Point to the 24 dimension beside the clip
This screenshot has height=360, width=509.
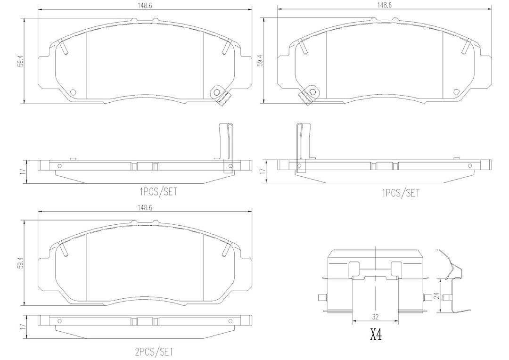click(x=436, y=296)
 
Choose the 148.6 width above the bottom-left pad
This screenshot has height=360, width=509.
click(x=145, y=208)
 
